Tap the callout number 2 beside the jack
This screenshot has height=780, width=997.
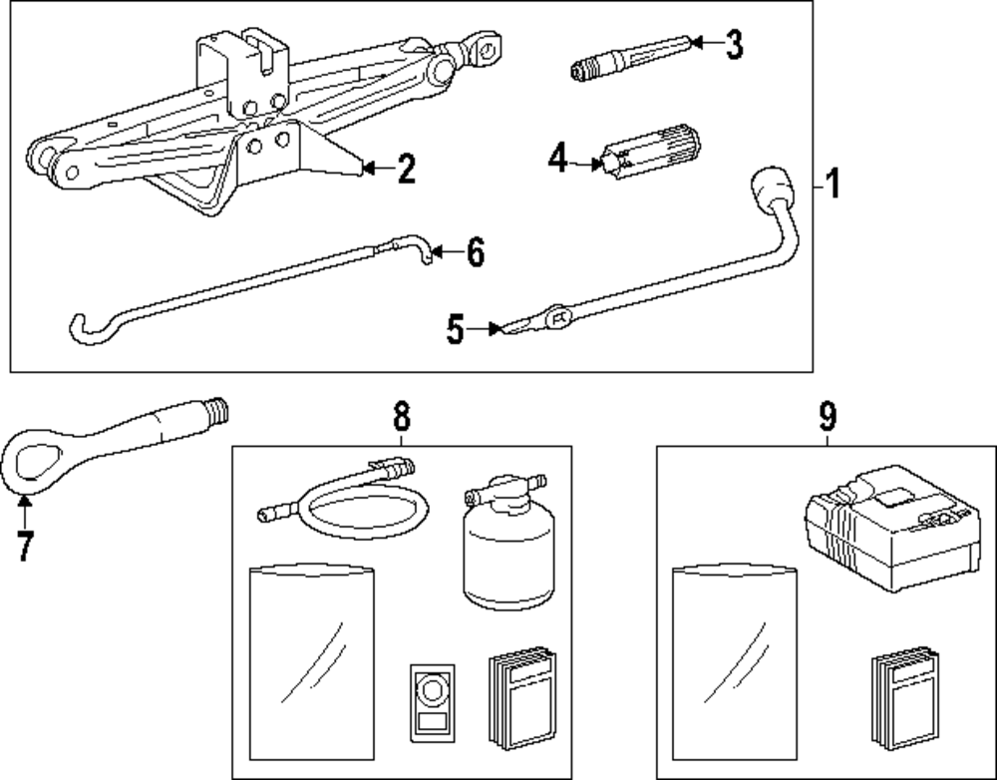point(405,169)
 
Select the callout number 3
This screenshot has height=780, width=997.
point(734,44)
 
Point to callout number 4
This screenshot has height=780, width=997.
point(557,158)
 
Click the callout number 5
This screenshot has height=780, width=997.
point(456,330)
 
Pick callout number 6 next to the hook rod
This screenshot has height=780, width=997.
point(475,253)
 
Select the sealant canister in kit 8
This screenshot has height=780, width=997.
point(508,549)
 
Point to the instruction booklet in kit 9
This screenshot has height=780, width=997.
point(902,698)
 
